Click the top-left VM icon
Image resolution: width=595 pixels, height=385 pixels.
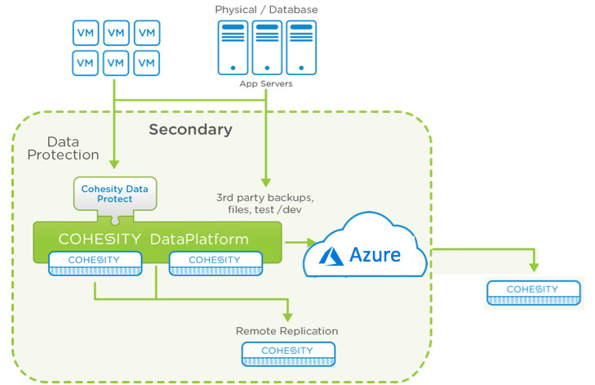[x=84, y=33]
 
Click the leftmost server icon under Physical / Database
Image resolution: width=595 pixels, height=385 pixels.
[x=233, y=47]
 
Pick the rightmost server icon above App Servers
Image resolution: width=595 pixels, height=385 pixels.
[x=300, y=47]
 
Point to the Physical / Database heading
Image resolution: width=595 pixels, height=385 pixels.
[x=266, y=10]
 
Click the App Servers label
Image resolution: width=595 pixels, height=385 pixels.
[x=266, y=83]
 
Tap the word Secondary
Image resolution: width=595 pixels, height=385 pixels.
[x=190, y=129]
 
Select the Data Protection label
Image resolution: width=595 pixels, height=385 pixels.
[x=62, y=148]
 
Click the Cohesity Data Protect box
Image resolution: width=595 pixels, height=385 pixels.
[x=114, y=195]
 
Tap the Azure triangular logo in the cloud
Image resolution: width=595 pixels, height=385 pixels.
[x=331, y=255]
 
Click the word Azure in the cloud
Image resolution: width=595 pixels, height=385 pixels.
[x=375, y=255]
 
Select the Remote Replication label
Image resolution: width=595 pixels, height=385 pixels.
[x=286, y=331]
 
